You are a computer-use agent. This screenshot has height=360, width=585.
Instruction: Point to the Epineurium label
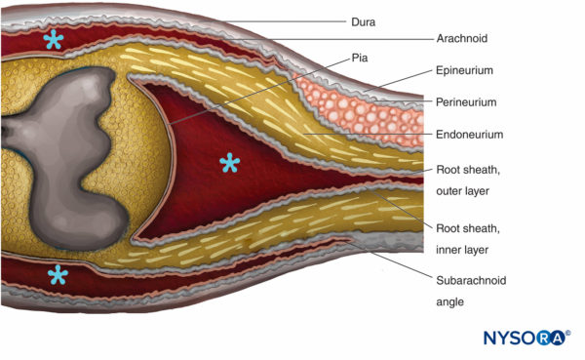pos(463,71)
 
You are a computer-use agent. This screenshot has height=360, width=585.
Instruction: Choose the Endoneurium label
pos(467,134)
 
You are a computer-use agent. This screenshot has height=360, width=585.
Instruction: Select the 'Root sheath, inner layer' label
pos(462,237)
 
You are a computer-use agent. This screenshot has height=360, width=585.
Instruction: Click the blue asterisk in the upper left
pos(52,40)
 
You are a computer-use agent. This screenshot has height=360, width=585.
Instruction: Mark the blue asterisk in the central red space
pos(229,163)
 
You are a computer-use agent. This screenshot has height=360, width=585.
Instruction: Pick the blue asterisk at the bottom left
pos(58,275)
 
